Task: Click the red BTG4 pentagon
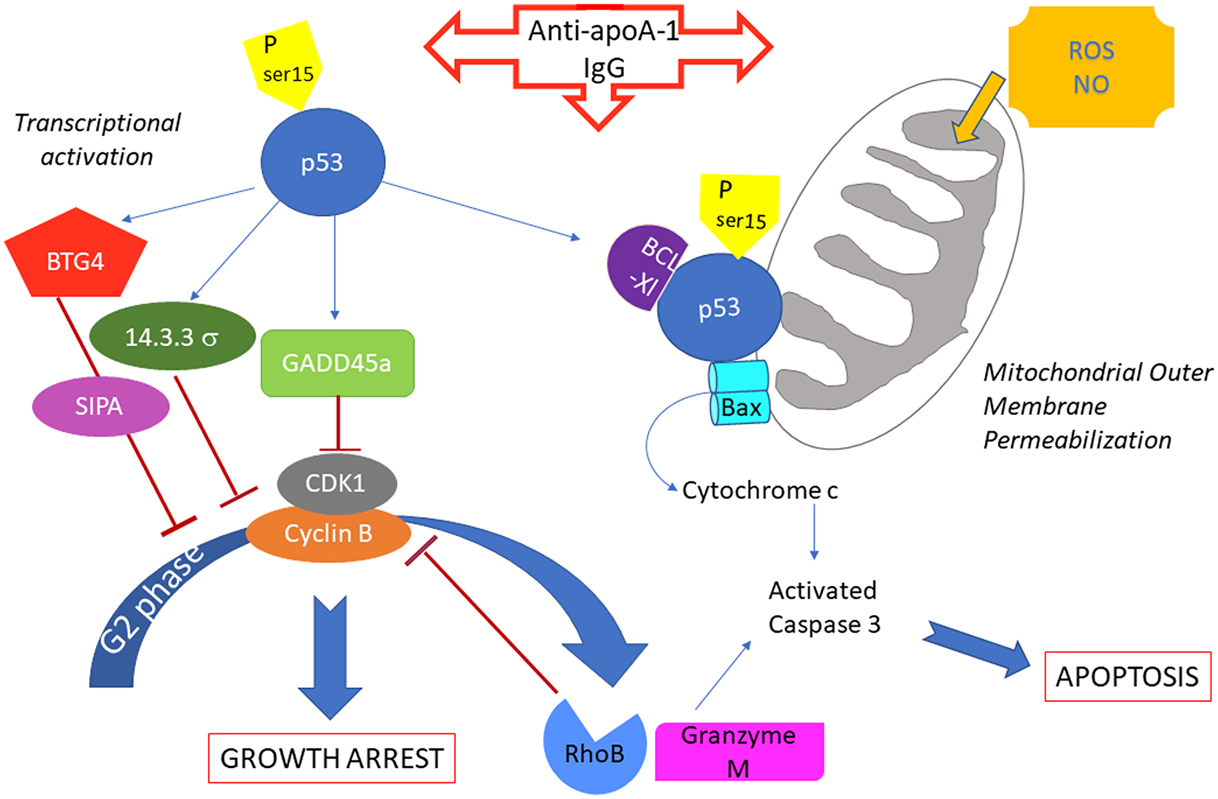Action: point(76,259)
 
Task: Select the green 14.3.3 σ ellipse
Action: point(172,337)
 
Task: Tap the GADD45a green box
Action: point(337,363)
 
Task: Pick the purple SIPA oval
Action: point(100,406)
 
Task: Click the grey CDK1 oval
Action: point(336,483)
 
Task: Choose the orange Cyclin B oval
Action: point(328,533)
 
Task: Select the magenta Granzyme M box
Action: point(739,751)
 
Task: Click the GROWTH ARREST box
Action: point(332,758)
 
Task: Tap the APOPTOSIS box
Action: point(1127,677)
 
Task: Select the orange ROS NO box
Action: point(1091,67)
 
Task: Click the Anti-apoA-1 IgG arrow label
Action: point(602,49)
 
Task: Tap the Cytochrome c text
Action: point(759,490)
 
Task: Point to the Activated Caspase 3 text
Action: point(823,607)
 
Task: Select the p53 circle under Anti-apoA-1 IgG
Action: point(323,163)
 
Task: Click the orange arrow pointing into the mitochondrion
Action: point(978,107)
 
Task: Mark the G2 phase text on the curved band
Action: point(151,599)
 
